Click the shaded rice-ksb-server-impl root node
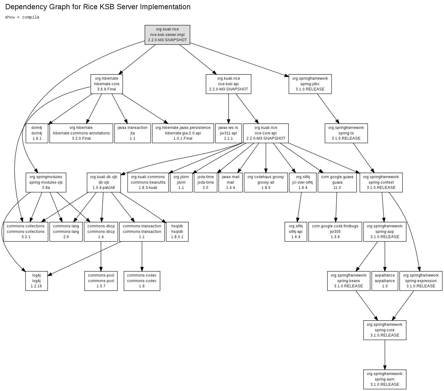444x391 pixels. (x=167, y=35)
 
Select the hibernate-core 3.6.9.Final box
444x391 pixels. (x=106, y=84)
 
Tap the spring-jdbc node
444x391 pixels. (x=310, y=84)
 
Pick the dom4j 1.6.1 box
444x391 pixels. (x=37, y=133)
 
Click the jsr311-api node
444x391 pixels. (x=228, y=133)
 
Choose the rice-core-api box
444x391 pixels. (x=266, y=133)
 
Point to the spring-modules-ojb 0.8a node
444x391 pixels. (x=46, y=182)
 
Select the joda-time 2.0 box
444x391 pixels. (x=205, y=182)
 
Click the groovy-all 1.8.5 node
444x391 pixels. (x=266, y=182)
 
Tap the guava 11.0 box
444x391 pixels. (x=337, y=182)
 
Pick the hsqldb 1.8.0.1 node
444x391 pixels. (x=177, y=232)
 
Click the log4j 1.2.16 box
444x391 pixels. (x=36, y=281)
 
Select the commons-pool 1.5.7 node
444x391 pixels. (x=101, y=281)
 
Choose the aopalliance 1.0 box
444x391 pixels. (x=385, y=281)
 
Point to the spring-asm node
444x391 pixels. (x=385, y=379)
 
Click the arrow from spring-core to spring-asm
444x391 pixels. (x=385, y=354)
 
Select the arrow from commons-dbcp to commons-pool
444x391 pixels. (x=101, y=255)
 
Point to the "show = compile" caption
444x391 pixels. (x=22, y=17)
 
